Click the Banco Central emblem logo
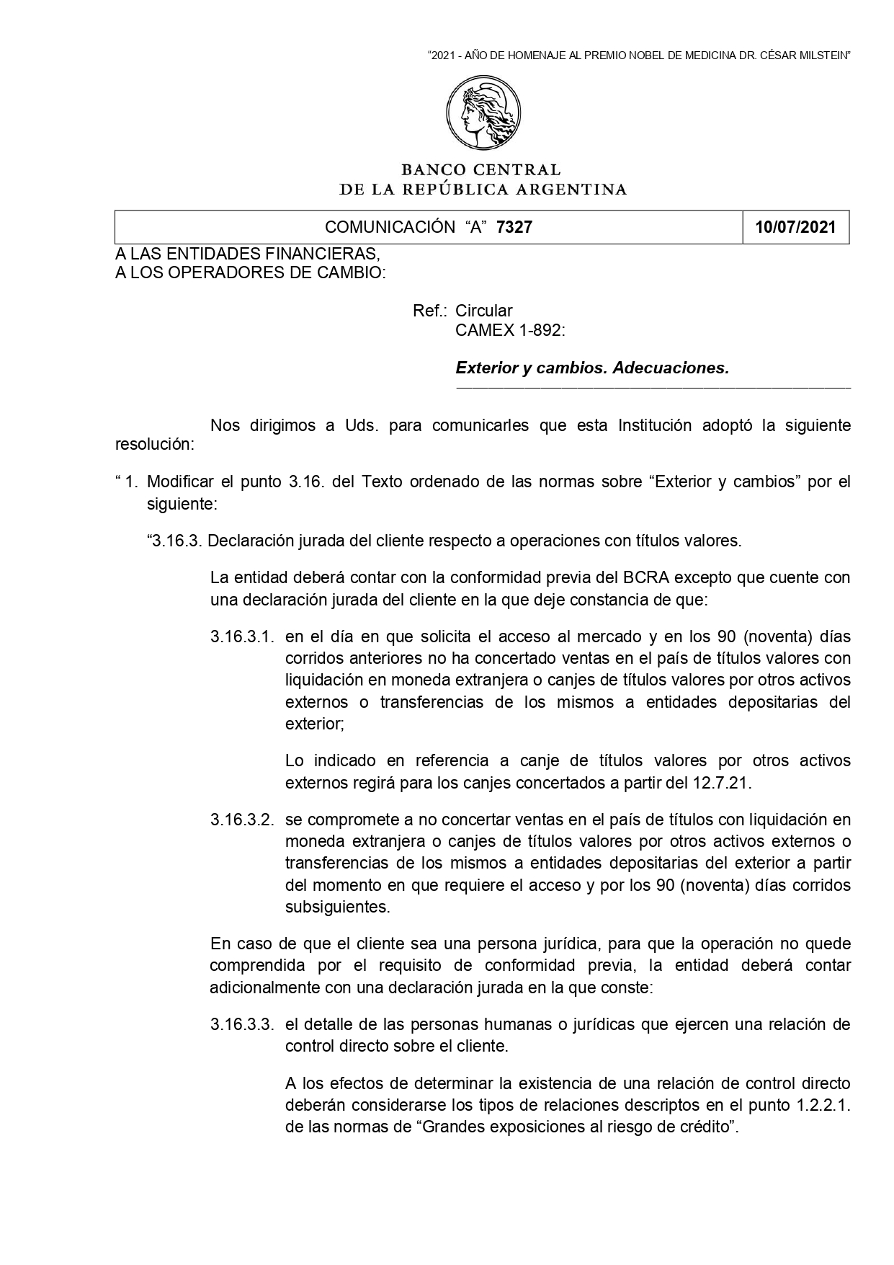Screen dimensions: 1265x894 click(483, 115)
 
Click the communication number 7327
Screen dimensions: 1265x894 click(514, 228)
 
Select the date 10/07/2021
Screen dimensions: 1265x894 click(795, 228)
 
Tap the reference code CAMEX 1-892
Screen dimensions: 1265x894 click(509, 331)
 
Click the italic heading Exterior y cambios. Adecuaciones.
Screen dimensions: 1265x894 click(592, 368)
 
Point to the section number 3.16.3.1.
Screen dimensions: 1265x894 click(242, 637)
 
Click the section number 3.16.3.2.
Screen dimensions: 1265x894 click(242, 820)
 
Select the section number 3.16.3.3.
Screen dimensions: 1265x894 click(242, 1025)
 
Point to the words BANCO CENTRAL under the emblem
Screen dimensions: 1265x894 click(480, 170)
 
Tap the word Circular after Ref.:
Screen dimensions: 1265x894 click(484, 311)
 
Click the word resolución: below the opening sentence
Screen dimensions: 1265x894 click(155, 444)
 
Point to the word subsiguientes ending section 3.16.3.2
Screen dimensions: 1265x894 click(337, 907)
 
